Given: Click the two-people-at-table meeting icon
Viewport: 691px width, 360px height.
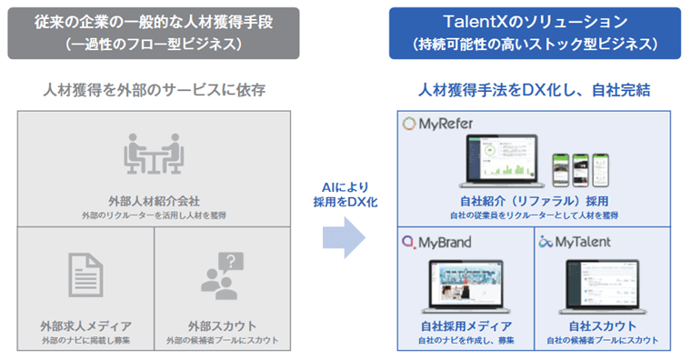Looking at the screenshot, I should (154, 155).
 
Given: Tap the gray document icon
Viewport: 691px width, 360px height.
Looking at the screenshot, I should (85, 275).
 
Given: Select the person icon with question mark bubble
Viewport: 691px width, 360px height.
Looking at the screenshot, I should (224, 275).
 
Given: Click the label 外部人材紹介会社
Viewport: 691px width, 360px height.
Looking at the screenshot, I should (154, 201).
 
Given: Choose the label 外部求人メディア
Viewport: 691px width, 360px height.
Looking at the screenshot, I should (85, 325).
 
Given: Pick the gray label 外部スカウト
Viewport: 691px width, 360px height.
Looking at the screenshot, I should (224, 325).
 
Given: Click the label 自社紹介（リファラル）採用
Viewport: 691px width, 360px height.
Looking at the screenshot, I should (534, 200).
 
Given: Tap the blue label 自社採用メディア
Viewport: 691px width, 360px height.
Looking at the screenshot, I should (466, 325).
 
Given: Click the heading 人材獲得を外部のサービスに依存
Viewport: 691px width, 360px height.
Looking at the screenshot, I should (154, 90).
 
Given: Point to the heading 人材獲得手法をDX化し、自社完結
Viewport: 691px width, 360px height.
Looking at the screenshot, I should (534, 90).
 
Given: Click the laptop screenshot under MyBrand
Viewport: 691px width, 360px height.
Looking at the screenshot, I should (466, 285).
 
